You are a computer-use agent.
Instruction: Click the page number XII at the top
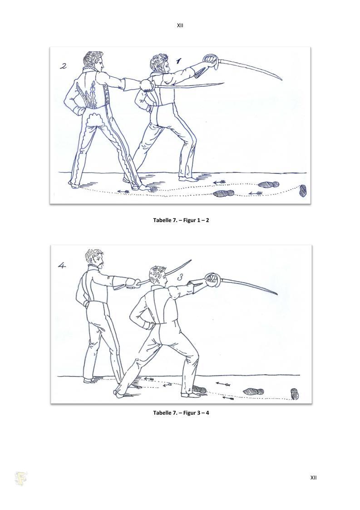[x=180, y=25]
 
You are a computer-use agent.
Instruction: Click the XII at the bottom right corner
[x=313, y=477]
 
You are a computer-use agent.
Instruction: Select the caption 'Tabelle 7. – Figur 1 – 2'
[x=181, y=220]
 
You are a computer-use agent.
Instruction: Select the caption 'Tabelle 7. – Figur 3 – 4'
[x=181, y=413]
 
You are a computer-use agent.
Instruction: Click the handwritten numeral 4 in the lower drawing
[x=62, y=266]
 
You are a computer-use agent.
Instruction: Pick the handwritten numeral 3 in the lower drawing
[x=181, y=277]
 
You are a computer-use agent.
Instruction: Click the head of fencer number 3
[x=158, y=275]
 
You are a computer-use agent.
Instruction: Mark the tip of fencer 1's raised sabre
[x=281, y=79]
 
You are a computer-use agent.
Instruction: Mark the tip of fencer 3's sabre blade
[x=277, y=294]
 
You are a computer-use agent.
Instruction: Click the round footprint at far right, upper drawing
[x=303, y=191]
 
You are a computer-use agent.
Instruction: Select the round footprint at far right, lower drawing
[x=295, y=394]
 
